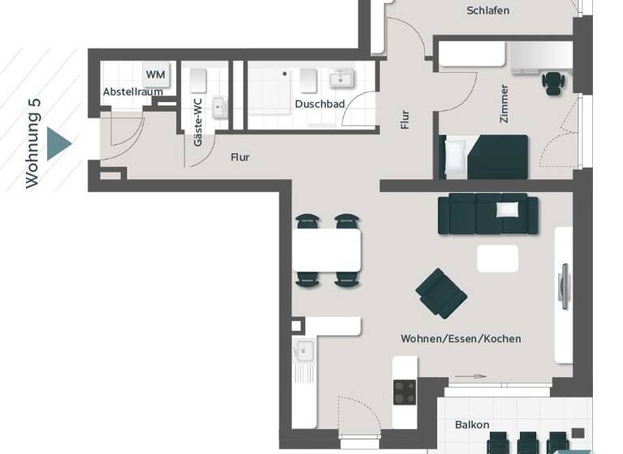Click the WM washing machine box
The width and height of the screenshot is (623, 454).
pos(156,75)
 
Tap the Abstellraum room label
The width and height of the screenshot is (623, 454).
pos(132,92)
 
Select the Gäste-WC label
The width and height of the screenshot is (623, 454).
pos(197,128)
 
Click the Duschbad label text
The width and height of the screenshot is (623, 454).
pos(320,105)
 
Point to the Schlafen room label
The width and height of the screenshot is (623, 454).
pos(488,11)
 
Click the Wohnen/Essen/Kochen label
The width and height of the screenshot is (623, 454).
pos(461,338)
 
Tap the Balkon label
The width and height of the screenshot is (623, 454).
pos(471,425)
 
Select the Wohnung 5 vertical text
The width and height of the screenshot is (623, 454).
pos(32,144)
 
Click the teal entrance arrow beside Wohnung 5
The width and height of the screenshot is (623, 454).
pos(58,143)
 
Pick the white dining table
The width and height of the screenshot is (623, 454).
pos(326,250)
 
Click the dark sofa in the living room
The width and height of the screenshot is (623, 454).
pos(487,214)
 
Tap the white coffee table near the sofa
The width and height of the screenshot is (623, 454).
pos(497,259)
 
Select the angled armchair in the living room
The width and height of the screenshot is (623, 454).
pos(440,293)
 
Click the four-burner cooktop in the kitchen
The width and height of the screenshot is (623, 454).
pos(405,392)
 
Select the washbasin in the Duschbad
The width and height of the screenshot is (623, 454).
pos(341,79)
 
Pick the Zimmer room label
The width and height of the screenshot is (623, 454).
pos(504,103)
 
